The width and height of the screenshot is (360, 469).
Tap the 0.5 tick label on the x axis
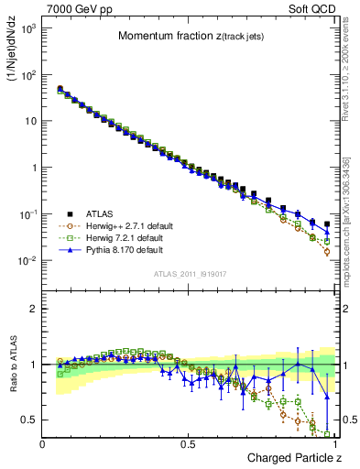click(x=188, y=443)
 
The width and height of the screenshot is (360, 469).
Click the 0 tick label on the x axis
click(x=43, y=443)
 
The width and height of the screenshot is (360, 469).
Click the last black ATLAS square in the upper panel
click(x=327, y=223)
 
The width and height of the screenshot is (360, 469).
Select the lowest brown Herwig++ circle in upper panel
click(x=327, y=251)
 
